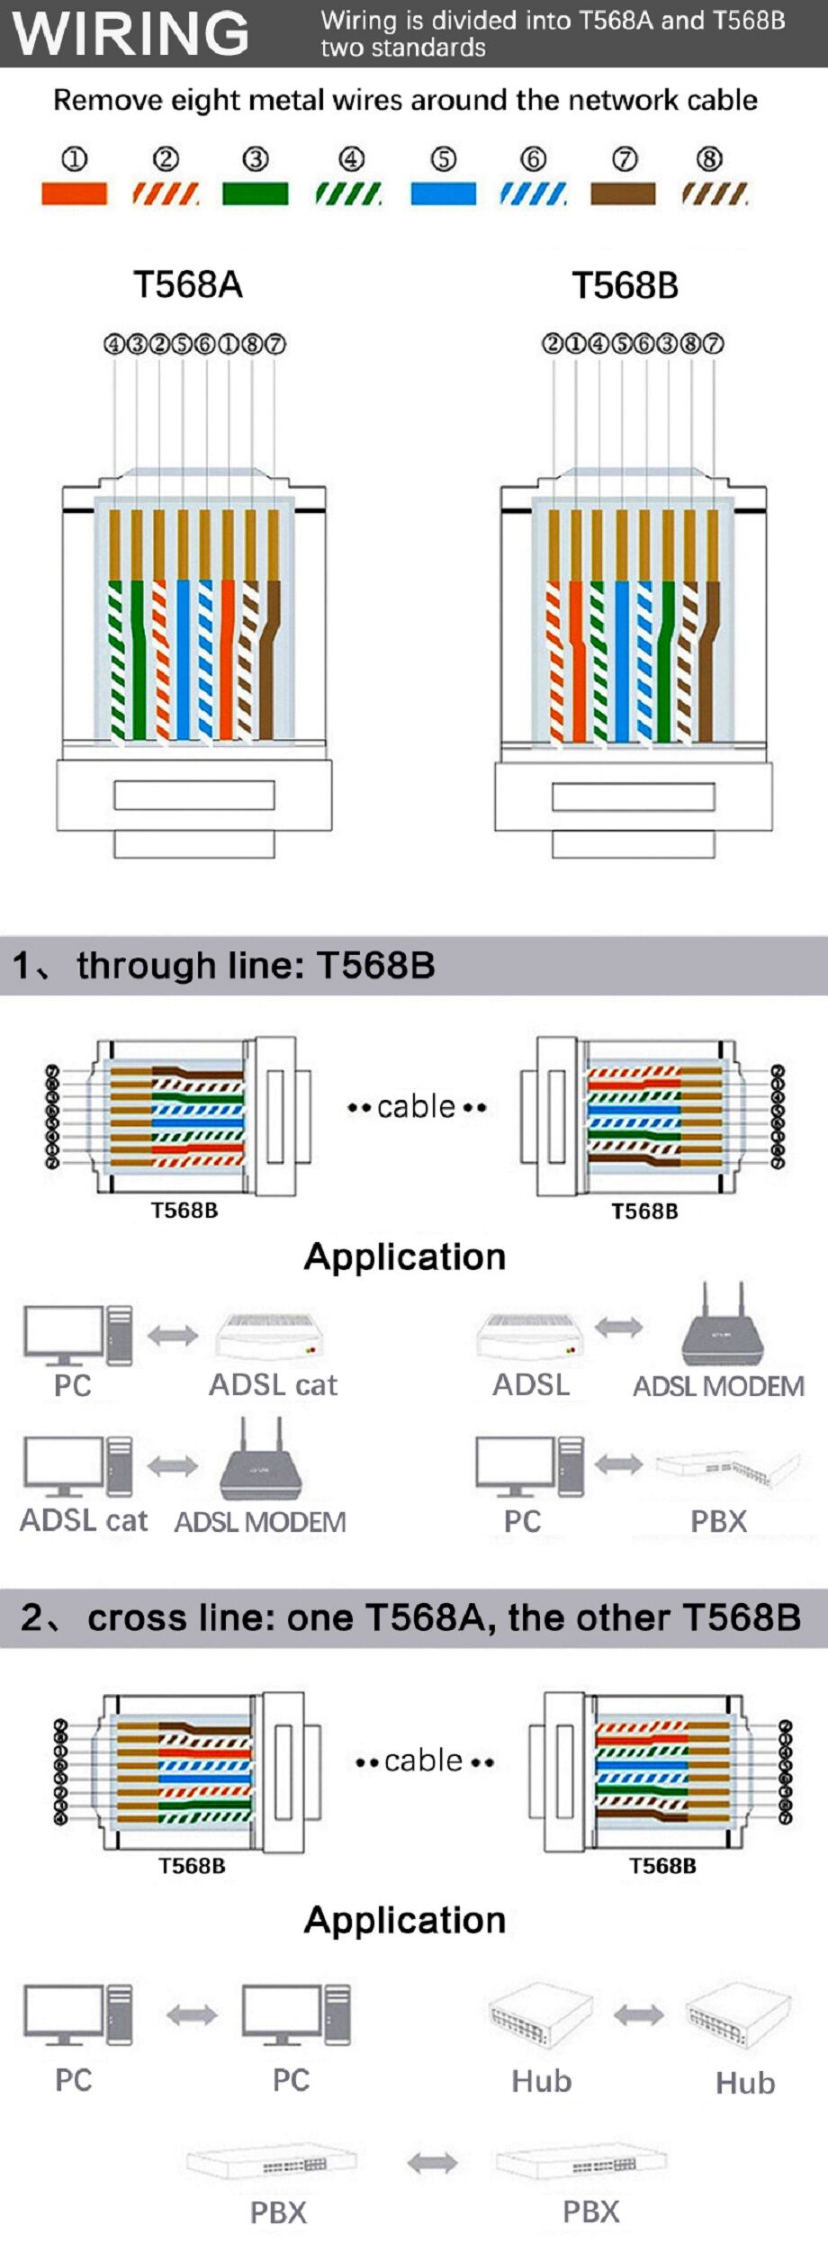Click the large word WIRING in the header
[x=130, y=33]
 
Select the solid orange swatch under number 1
[x=74, y=194]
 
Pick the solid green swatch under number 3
[x=255, y=194]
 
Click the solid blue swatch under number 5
[x=443, y=194]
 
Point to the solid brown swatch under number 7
[x=623, y=194]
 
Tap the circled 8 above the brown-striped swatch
[x=709, y=159]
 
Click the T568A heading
[x=188, y=284]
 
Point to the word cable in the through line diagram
[x=416, y=1106]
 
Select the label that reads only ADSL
[x=531, y=1384]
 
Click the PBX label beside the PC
[x=718, y=1521]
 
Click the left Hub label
[x=541, y=2081]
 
